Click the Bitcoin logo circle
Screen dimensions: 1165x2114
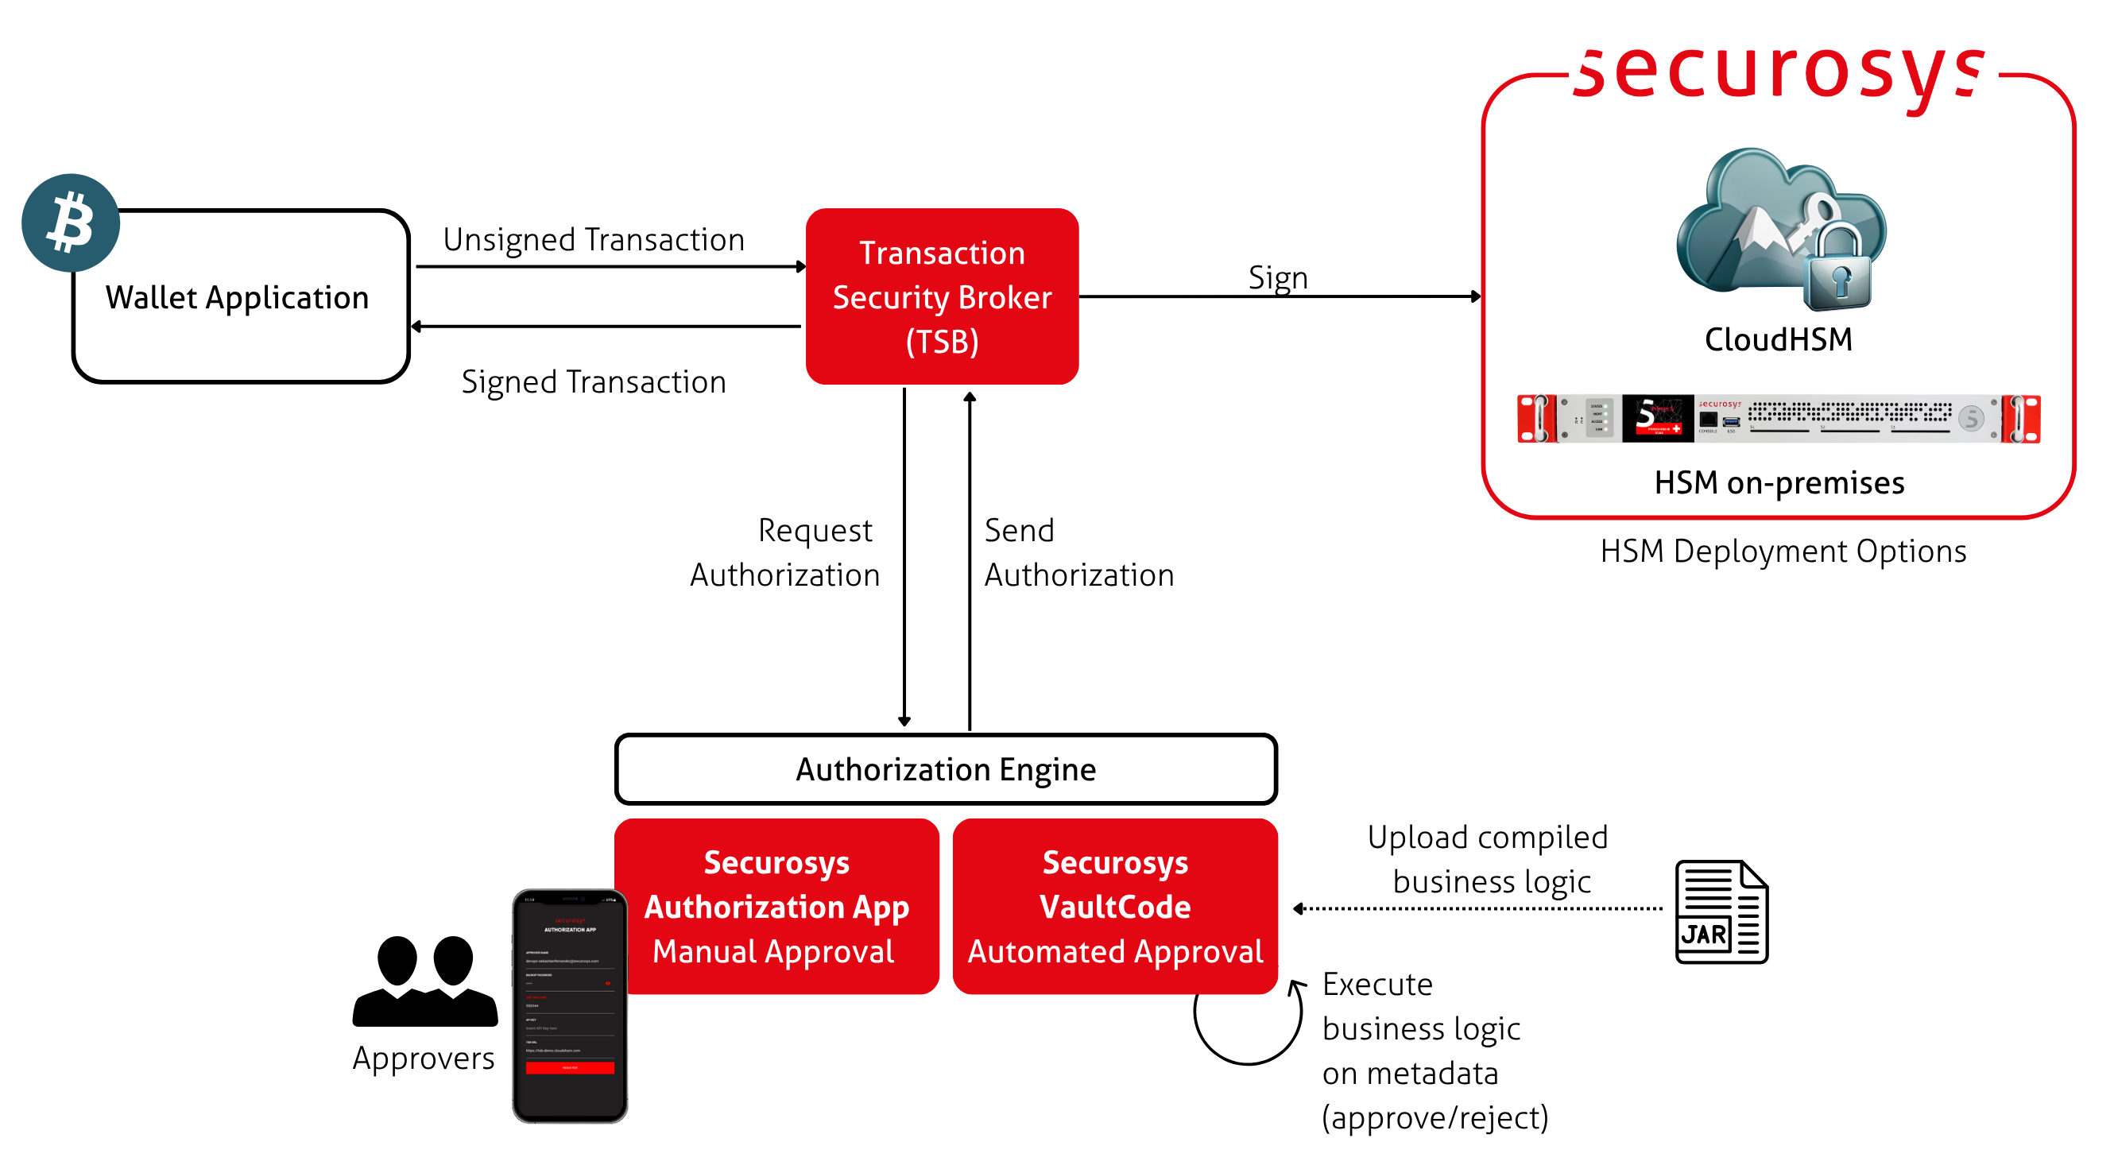[71, 223]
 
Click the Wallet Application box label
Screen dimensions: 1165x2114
[237, 297]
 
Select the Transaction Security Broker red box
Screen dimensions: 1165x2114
[941, 296]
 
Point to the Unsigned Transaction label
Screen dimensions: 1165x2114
[594, 239]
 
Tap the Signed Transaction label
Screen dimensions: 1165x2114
[594, 382]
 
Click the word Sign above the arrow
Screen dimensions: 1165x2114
[1277, 277]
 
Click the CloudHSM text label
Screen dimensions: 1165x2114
[1778, 339]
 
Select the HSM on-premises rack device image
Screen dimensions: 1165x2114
[1778, 419]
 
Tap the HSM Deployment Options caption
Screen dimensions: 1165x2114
[1783, 552]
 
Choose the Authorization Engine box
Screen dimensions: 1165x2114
[946, 769]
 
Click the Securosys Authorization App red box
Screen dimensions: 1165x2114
[776, 906]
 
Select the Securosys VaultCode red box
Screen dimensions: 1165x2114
[1114, 906]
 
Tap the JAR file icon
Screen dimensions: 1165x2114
[1721, 911]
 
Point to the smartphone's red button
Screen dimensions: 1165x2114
[570, 1068]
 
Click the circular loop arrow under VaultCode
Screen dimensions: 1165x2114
[1248, 1024]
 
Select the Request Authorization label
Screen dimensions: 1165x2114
[784, 553]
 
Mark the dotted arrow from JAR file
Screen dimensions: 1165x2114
[1477, 908]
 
